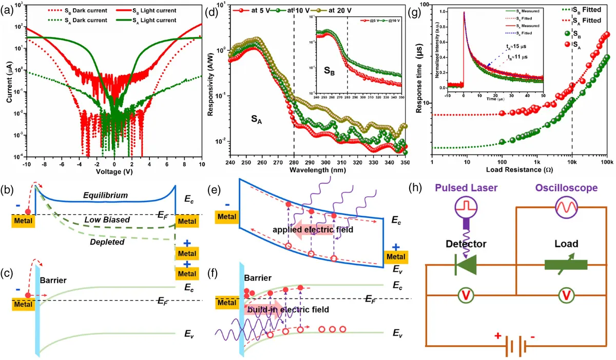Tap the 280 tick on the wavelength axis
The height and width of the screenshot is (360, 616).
(294, 161)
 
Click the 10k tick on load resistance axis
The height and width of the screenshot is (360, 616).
(572, 160)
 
